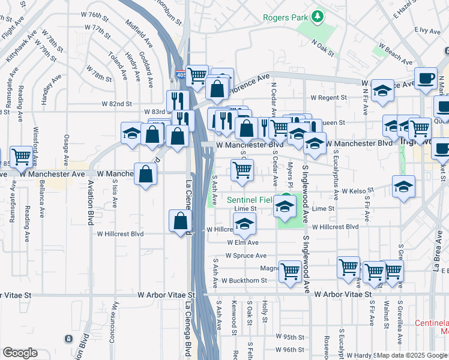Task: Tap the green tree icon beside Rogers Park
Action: pyautogui.click(x=319, y=16)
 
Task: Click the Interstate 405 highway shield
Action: pyautogui.click(x=181, y=75)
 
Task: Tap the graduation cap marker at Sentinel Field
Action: pyautogui.click(x=285, y=207)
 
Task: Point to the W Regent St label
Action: pyautogui.click(x=329, y=97)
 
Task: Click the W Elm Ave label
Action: pyautogui.click(x=243, y=242)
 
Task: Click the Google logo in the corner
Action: pyautogui.click(x=20, y=353)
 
